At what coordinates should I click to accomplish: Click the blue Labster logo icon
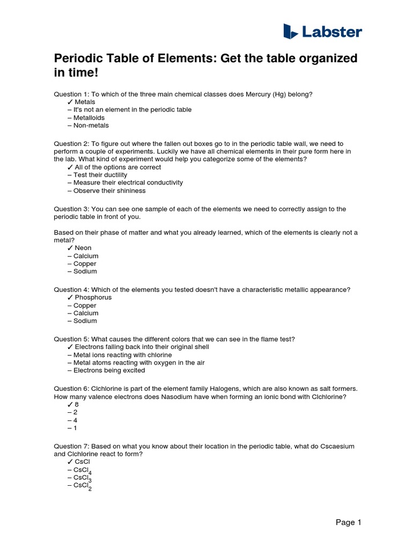[x=290, y=31]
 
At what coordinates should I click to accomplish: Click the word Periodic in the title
[x=77, y=58]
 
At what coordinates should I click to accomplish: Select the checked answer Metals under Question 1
[x=85, y=102]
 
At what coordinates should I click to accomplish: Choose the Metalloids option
[x=89, y=117]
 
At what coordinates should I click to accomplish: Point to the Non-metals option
[x=91, y=125]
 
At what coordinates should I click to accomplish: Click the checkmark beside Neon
[x=70, y=248]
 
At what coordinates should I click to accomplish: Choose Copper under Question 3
[x=85, y=264]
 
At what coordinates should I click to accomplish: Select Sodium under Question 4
[x=85, y=321]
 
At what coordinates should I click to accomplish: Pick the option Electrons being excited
[x=109, y=370]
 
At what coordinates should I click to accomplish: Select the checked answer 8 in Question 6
[x=77, y=405]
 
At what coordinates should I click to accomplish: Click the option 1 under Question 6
[x=75, y=428]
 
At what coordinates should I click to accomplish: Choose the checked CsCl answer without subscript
[x=83, y=462]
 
